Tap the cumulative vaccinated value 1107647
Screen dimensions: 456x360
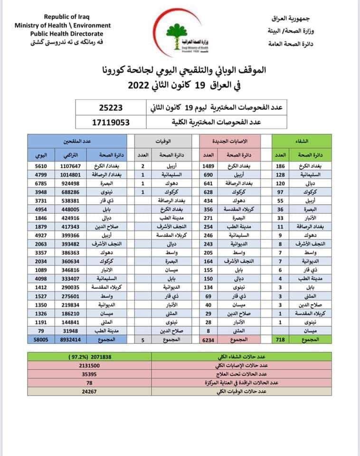point(67,167)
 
